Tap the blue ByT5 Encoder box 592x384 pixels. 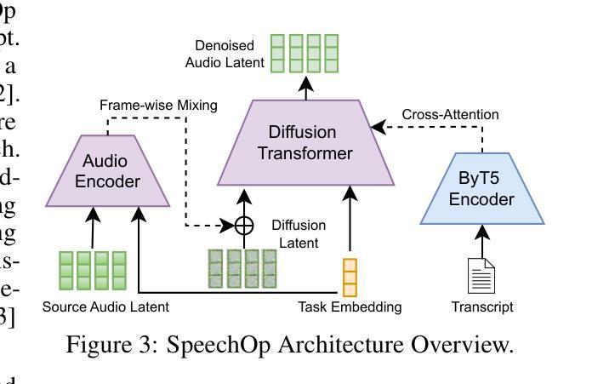tap(482, 189)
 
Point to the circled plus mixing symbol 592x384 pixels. tap(244, 226)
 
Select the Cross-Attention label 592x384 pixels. tap(450, 114)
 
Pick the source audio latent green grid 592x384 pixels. tap(92, 271)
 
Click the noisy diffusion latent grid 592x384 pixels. tap(243, 272)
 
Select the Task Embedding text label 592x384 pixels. tap(350, 307)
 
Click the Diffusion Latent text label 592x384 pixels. tap(298, 233)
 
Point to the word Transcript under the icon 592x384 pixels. tap(482, 307)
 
